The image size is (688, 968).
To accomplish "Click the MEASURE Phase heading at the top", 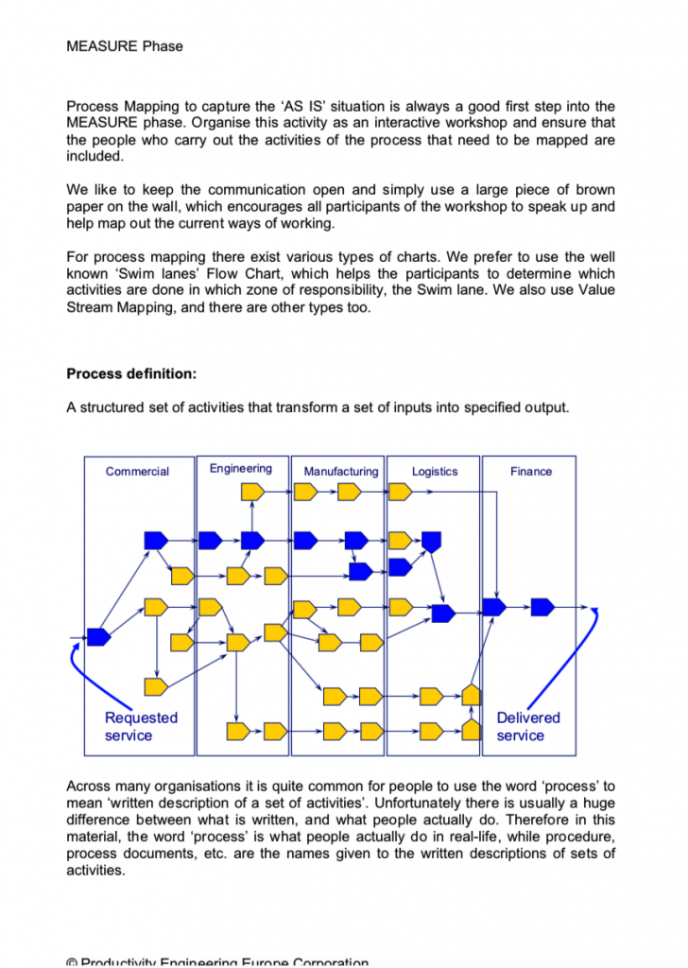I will pyautogui.click(x=125, y=45).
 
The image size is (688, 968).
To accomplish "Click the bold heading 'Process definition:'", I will pyautogui.click(x=131, y=373).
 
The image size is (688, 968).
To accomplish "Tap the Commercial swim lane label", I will pyautogui.click(x=137, y=472).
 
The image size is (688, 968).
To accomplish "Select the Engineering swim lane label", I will pyautogui.click(x=240, y=469).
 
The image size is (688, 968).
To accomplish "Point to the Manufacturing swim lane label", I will pyautogui.click(x=340, y=472).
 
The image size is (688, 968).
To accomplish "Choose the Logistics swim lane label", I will pyautogui.click(x=435, y=472).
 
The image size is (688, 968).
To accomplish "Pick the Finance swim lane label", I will pyautogui.click(x=530, y=472).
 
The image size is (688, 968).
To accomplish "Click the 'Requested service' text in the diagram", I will pyautogui.click(x=141, y=726).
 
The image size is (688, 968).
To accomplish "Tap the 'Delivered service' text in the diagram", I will pyautogui.click(x=528, y=726).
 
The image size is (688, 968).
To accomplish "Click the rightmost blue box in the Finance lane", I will pyautogui.click(x=542, y=607).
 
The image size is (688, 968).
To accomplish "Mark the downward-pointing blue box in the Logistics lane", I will pyautogui.click(x=432, y=542).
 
